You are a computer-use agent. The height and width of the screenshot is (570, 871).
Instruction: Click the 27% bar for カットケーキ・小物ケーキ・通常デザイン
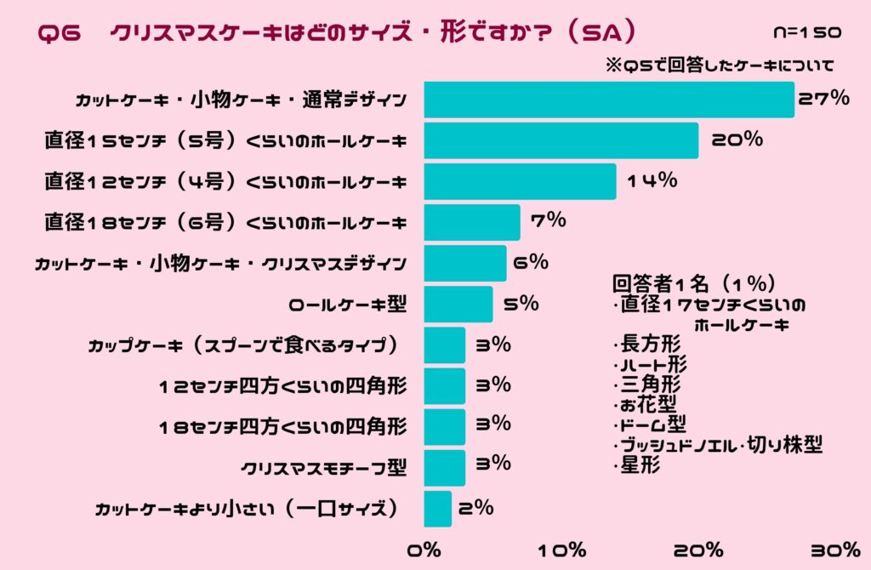pos(608,100)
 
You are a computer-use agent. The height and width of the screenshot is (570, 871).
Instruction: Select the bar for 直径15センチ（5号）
pos(561,140)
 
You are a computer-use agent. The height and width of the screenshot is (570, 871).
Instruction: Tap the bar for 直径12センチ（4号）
pos(520,181)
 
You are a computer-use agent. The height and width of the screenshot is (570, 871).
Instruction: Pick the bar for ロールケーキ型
pos(458,304)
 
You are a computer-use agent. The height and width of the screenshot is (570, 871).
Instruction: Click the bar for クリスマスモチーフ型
pos(444,467)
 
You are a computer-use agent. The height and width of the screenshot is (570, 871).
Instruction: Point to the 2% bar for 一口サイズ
pos(437,509)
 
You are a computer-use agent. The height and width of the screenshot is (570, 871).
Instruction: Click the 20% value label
pos(737,140)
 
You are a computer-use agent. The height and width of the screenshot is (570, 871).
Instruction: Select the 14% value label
pos(652,180)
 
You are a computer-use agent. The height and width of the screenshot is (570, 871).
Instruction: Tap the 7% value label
pos(548,221)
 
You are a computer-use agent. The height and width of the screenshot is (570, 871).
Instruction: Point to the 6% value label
pos(531,262)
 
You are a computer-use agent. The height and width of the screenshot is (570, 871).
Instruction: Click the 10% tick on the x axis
pos(562,550)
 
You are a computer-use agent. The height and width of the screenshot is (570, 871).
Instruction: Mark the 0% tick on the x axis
pos(424,550)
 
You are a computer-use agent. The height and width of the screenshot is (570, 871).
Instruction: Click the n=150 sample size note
pos(807,33)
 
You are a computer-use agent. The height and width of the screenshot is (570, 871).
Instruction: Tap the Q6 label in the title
pos(59,33)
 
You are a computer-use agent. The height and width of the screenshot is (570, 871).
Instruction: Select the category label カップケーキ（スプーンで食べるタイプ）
pos(244,345)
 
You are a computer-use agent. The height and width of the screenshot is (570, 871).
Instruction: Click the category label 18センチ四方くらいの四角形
pos(282,426)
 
